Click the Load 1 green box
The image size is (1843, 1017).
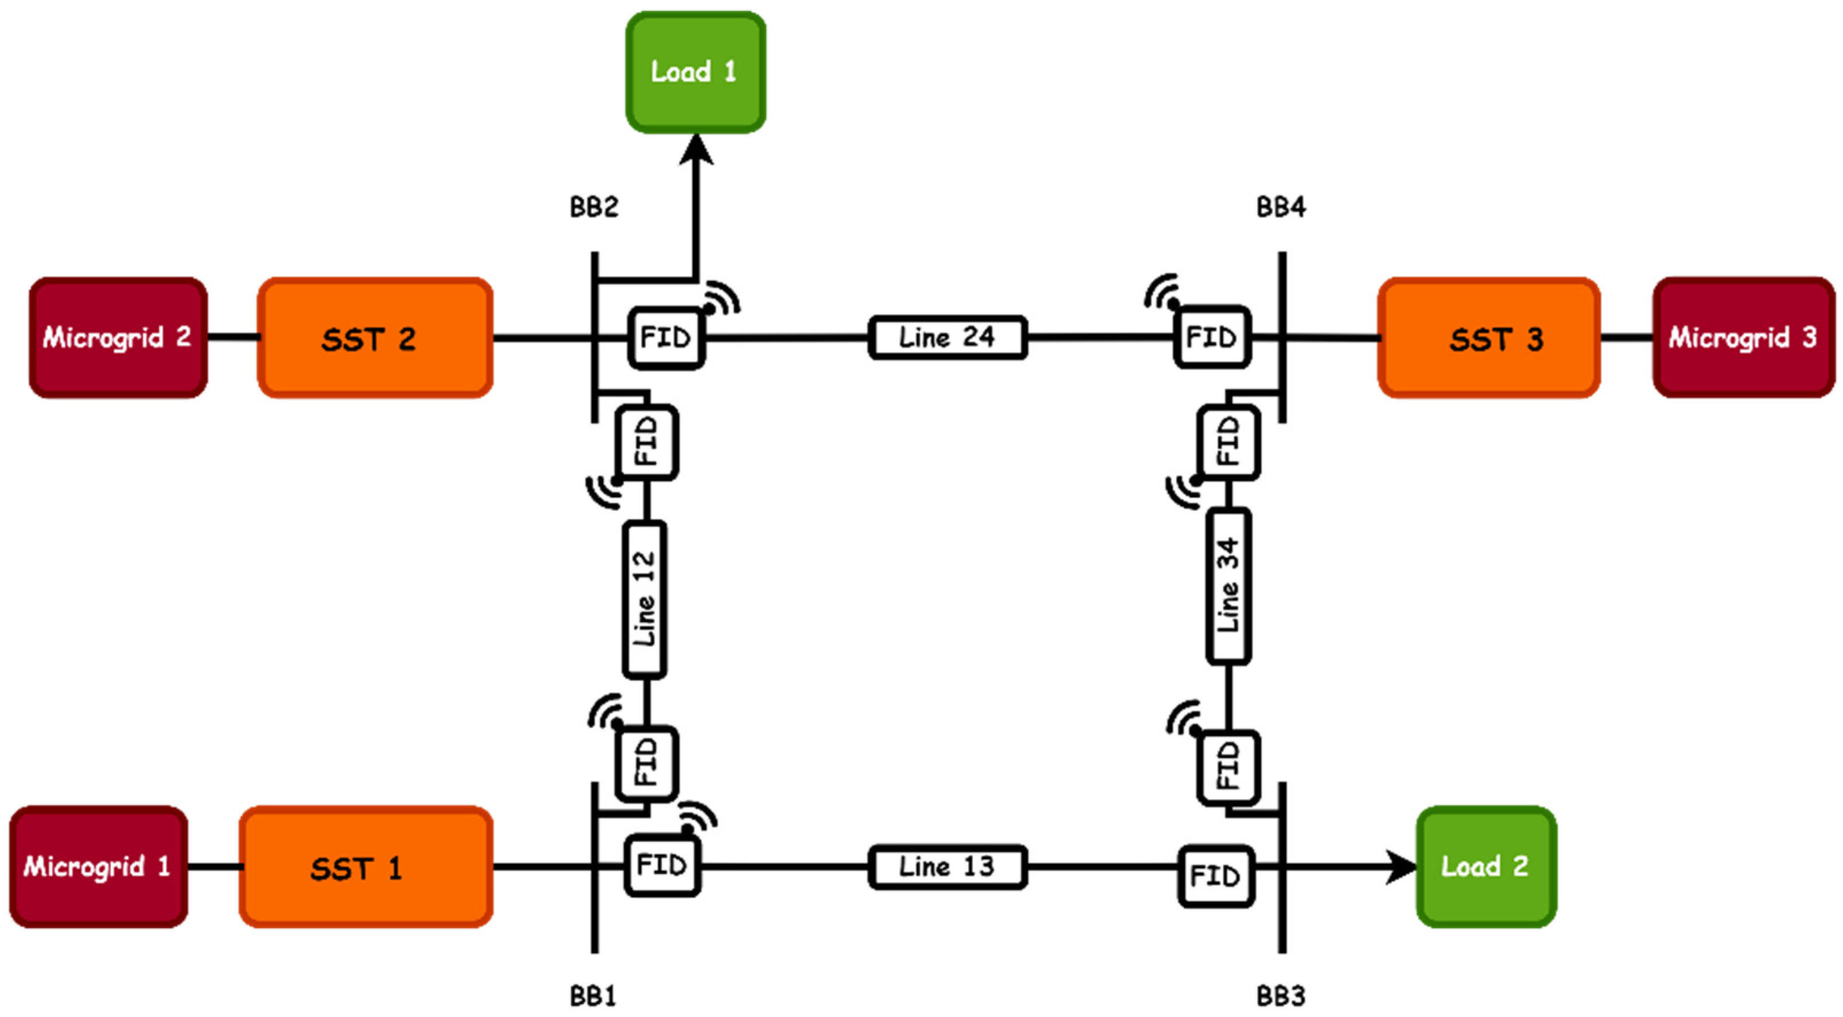click(x=695, y=72)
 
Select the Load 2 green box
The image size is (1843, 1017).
click(x=1486, y=867)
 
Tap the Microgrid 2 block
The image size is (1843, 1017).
click(x=118, y=337)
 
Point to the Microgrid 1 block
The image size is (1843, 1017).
click(x=98, y=867)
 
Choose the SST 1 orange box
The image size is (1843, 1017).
click(x=366, y=867)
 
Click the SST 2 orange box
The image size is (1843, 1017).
click(x=375, y=337)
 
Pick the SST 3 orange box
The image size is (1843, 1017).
click(x=1488, y=337)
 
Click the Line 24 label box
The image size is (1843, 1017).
click(x=947, y=337)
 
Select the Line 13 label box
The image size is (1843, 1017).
click(x=947, y=867)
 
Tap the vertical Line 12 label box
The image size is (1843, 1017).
click(x=644, y=600)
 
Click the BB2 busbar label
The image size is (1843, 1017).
click(x=593, y=208)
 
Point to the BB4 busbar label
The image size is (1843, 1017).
click(x=1281, y=208)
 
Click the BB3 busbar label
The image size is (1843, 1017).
click(x=1281, y=996)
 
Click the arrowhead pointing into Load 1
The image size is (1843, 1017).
click(x=695, y=149)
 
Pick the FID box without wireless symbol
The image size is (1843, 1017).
click(x=1215, y=876)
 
